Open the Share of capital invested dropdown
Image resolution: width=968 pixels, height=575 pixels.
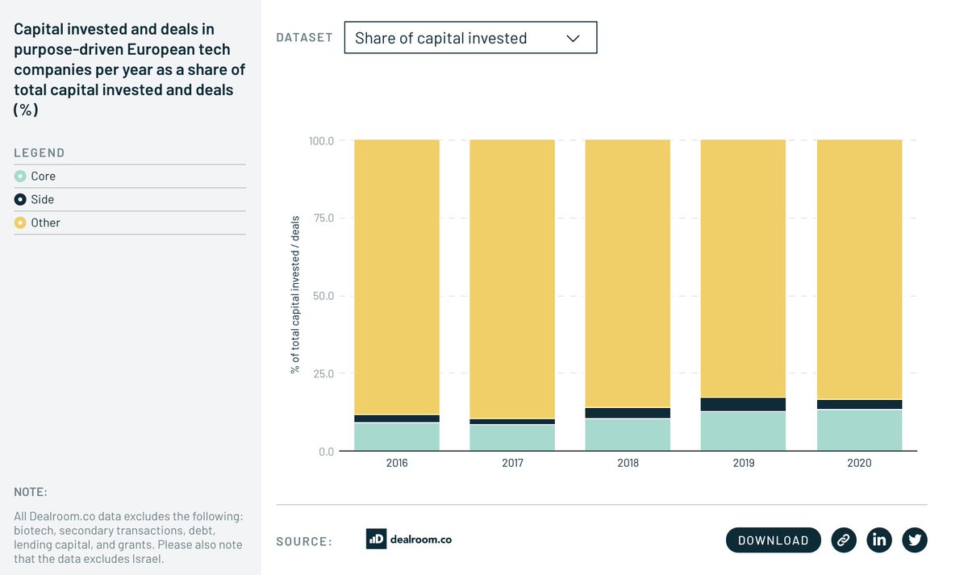coord(470,38)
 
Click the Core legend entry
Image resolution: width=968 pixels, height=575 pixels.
coord(43,177)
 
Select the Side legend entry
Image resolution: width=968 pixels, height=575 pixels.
coord(42,199)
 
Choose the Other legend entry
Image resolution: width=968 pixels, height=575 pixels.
coord(45,223)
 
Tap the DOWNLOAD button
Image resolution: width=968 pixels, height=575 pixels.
coord(773,540)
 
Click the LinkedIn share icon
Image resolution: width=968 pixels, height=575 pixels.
coord(878,540)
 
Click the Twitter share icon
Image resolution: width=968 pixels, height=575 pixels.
coord(914,540)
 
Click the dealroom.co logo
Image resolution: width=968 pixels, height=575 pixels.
coord(409,540)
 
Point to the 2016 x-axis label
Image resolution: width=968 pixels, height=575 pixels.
coord(397,464)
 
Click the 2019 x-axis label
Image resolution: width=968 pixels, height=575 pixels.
coord(743,464)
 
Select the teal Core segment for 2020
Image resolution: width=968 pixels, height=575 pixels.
coord(859,431)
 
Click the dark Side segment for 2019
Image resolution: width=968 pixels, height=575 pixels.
coord(743,404)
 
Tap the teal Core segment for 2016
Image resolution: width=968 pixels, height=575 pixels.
coord(397,437)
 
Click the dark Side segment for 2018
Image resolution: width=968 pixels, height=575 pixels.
coord(628,413)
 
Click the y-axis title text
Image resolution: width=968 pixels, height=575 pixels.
coord(295,294)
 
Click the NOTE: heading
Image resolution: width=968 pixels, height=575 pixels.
coord(31,492)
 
